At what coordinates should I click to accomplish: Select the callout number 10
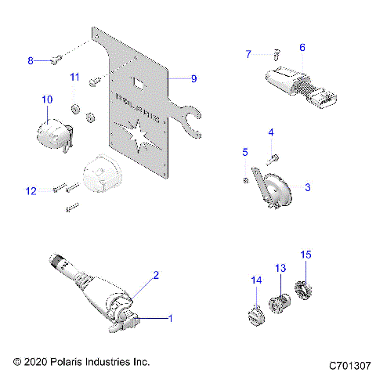46,99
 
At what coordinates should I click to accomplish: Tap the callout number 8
31,60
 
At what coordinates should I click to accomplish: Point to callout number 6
302,47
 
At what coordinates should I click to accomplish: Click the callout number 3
308,187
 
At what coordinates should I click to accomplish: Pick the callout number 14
255,280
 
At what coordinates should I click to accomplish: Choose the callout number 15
307,255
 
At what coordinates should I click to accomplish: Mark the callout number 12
31,190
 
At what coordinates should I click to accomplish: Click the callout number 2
156,275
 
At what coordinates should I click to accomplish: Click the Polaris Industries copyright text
81,362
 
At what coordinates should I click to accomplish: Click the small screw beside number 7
277,55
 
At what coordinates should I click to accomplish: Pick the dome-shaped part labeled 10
52,131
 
